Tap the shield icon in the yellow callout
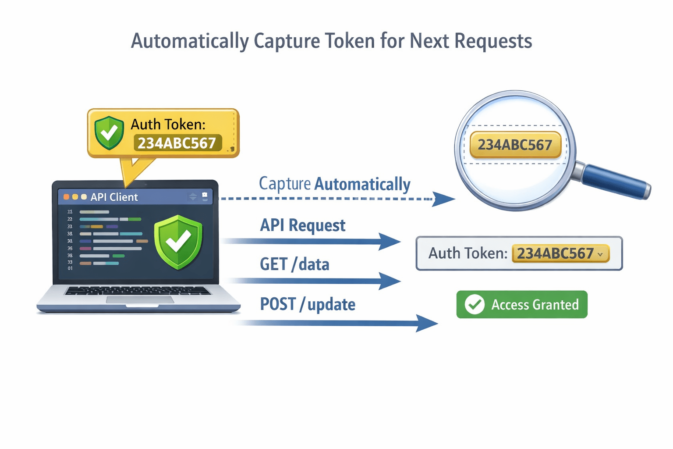click(x=109, y=132)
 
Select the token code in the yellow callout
click(x=177, y=143)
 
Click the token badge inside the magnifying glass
click(x=515, y=145)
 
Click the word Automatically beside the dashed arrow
click(x=362, y=184)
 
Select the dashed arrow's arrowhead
click(x=443, y=199)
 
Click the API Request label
click(x=302, y=225)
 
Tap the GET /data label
click(x=294, y=264)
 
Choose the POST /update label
click(x=308, y=304)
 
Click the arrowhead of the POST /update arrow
click(x=426, y=324)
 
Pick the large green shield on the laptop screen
click(x=178, y=241)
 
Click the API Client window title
click(x=114, y=197)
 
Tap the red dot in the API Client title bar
click(x=66, y=197)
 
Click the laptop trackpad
click(x=140, y=300)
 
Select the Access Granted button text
click(x=535, y=305)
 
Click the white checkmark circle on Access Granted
click(x=474, y=304)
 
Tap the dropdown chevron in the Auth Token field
click(x=600, y=254)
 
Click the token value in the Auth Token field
click(x=555, y=253)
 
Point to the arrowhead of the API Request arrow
click(x=389, y=241)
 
